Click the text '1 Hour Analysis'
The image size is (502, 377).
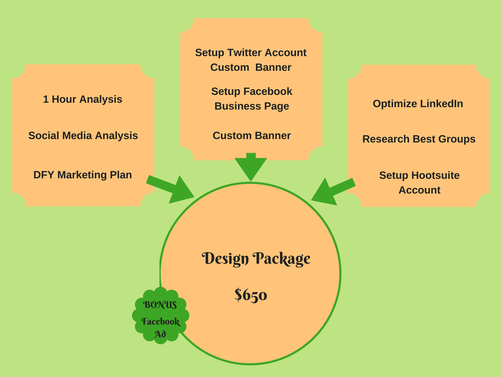pyautogui.click(x=82, y=99)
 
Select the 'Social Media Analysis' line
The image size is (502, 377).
pyautogui.click(x=83, y=135)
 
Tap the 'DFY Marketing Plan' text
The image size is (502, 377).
pyautogui.click(x=82, y=175)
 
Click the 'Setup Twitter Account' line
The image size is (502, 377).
pyautogui.click(x=251, y=53)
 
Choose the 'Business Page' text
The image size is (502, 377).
pyautogui.click(x=251, y=106)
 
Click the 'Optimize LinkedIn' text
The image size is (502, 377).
pyautogui.click(x=418, y=104)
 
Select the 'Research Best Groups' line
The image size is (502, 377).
pyautogui.click(x=419, y=139)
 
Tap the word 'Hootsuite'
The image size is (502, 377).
pyautogui.click(x=435, y=175)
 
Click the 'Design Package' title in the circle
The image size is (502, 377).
pyautogui.click(x=256, y=259)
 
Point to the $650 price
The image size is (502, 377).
pyautogui.click(x=251, y=295)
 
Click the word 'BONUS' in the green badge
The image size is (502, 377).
pyautogui.click(x=160, y=305)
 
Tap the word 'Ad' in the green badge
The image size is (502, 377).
pyautogui.click(x=160, y=335)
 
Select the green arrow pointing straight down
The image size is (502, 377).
pyautogui.click(x=251, y=166)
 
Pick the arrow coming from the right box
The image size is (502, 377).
pyautogui.click(x=331, y=190)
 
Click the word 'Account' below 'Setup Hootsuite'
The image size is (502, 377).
pyautogui.click(x=419, y=190)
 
